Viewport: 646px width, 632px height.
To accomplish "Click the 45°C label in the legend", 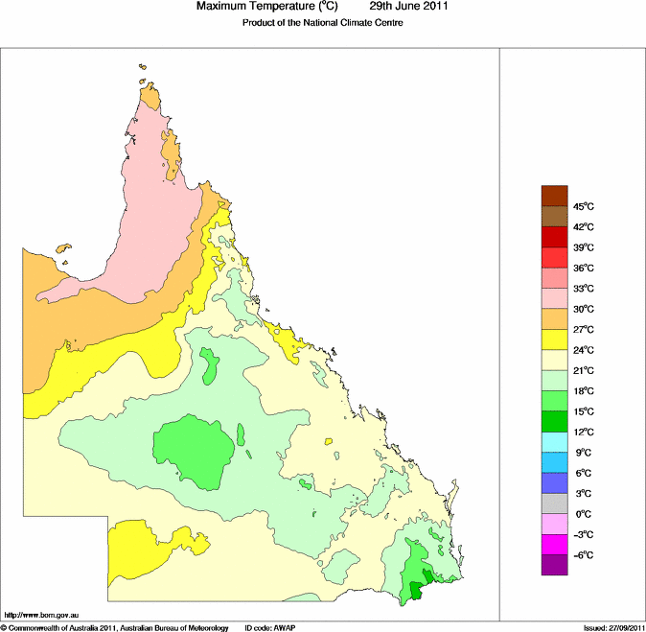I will point(585,206).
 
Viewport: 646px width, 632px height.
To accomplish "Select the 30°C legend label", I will point(585,309).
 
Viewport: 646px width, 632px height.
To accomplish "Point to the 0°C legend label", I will point(583,514).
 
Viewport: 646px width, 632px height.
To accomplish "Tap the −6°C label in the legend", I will point(583,555).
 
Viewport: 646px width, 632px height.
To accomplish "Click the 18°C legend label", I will point(585,391).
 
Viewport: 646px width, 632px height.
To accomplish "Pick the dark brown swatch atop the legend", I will point(555,196).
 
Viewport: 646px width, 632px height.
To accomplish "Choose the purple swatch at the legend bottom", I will point(555,566).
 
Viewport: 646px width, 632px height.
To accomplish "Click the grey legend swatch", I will point(555,503).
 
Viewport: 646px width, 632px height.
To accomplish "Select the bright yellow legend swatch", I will point(555,339).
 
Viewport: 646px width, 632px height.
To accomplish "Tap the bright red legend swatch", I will point(555,257).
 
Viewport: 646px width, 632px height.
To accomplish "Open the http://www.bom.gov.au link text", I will point(41,614).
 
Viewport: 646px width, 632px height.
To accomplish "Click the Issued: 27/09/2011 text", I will point(613,627).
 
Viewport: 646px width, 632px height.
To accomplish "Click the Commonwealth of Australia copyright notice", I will point(115,627).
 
